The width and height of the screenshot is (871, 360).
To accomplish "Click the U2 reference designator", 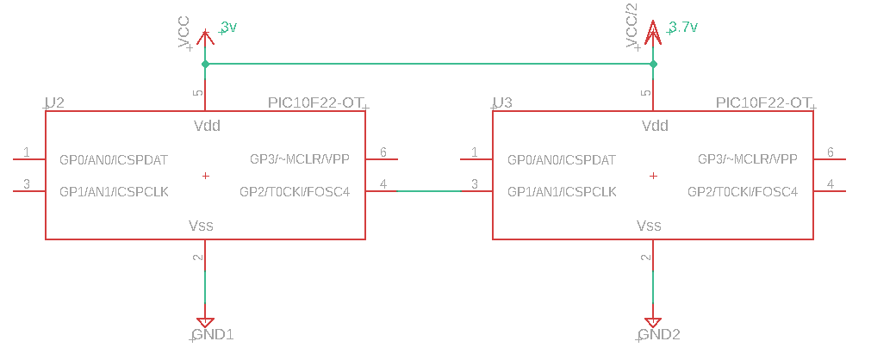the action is [x=54, y=102].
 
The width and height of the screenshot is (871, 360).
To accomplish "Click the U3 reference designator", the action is [x=503, y=102].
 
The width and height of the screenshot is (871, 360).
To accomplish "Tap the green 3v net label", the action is [x=228, y=27].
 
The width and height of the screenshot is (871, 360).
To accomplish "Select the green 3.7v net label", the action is [x=682, y=27].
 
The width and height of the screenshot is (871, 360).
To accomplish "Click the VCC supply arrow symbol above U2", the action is [x=206, y=38].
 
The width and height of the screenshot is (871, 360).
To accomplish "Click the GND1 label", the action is [x=212, y=334].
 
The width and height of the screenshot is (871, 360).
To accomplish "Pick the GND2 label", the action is [x=659, y=334].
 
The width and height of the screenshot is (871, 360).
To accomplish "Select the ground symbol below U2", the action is [x=206, y=322].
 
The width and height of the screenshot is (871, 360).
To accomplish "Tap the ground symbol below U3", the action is [x=653, y=322].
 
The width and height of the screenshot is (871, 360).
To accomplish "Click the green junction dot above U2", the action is [x=206, y=65].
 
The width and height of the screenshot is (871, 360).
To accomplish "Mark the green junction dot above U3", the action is [x=653, y=65].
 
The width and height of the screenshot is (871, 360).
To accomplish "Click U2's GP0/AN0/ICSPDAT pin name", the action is [x=114, y=160].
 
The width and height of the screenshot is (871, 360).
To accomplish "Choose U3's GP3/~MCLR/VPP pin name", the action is [x=748, y=159].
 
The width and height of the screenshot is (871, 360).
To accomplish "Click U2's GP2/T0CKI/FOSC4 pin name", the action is [x=295, y=192].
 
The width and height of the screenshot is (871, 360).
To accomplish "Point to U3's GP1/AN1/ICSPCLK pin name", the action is [x=562, y=192].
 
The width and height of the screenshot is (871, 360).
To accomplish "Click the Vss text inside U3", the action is [x=649, y=226].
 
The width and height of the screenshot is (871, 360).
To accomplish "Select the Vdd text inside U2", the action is [x=207, y=126].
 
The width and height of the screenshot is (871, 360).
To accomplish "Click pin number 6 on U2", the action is [x=383, y=152].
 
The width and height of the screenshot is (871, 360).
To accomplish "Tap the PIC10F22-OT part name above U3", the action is [x=762, y=102].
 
